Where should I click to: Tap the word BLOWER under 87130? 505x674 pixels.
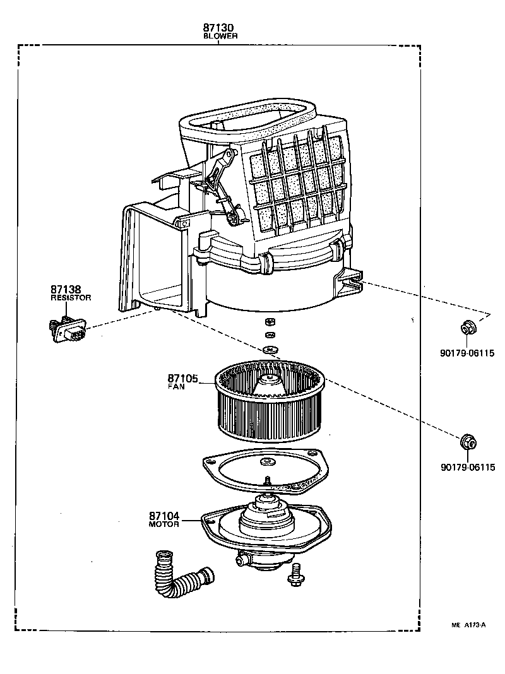pos(220,37)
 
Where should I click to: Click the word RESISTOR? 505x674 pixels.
pos(71,297)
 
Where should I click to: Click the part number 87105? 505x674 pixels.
pos(183,378)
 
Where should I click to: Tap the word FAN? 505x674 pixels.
pos(176,387)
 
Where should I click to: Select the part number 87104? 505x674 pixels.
pos(165,516)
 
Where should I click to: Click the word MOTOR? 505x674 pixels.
pos(164,524)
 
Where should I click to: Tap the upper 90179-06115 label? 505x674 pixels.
pos(468,353)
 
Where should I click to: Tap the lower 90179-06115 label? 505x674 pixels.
pos(468,467)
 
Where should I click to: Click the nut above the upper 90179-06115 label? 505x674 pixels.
pos(467,328)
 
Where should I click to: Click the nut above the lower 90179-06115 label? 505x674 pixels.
pos(467,441)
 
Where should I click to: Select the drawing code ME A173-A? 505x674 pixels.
pos(468,625)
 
